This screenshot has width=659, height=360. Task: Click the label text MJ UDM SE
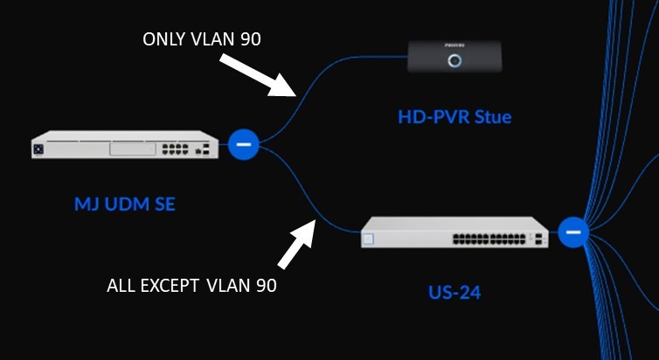(125, 205)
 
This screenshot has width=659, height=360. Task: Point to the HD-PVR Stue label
(454, 116)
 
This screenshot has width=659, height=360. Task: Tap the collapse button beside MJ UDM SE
(244, 143)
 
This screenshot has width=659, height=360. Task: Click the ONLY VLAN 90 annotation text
(202, 39)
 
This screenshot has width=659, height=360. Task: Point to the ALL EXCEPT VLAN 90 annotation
(191, 285)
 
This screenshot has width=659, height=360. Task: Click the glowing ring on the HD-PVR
(454, 60)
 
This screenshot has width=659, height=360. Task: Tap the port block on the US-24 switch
(485, 237)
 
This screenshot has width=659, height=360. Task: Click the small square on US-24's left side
(369, 238)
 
